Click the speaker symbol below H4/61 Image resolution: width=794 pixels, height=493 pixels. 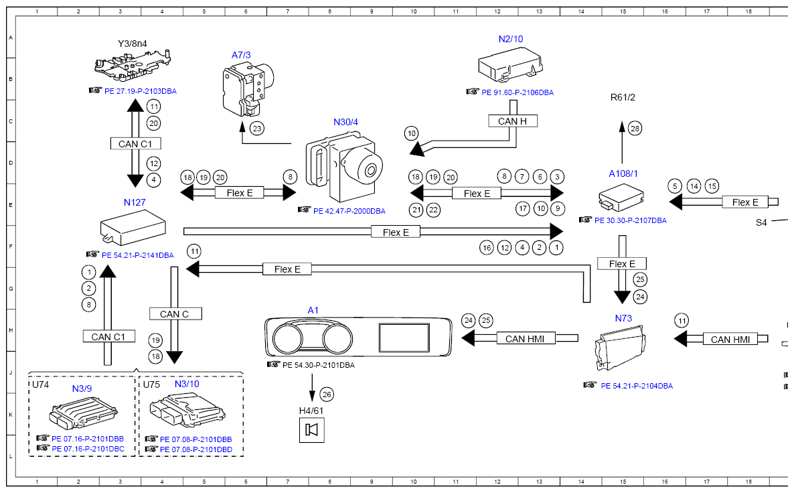tap(311, 429)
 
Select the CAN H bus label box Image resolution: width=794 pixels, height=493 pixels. tap(512, 121)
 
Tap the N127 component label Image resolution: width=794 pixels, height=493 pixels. tap(135, 202)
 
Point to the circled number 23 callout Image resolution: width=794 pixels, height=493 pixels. tap(257, 127)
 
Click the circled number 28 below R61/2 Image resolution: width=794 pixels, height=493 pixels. tap(635, 127)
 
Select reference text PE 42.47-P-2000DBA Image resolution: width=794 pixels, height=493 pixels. tap(349, 210)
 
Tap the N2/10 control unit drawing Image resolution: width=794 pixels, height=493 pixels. tap(510, 66)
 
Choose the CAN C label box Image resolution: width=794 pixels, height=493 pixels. tap(174, 313)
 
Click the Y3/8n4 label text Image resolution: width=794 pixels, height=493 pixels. tap(132, 44)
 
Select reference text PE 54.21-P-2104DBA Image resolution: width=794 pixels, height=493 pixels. tap(637, 386)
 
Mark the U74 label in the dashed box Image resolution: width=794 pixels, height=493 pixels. tap(41, 385)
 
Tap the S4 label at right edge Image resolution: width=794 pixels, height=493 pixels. tap(761, 222)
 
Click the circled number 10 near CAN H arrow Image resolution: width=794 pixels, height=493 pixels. tap(412, 133)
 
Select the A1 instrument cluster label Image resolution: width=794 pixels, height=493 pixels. tap(313, 310)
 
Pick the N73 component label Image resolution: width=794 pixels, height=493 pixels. tap(623, 318)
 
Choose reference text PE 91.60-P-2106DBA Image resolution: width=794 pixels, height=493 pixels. tap(518, 92)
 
